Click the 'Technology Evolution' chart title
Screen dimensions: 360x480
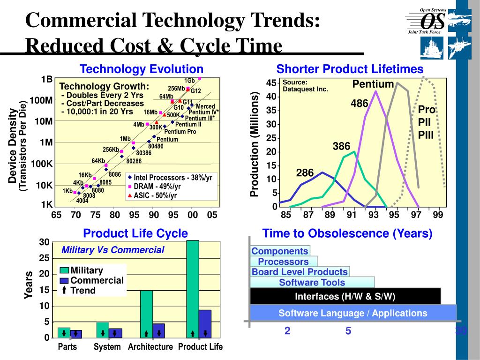pyautogui.click(x=142, y=69)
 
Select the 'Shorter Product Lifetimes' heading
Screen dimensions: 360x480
pyautogui.click(x=350, y=69)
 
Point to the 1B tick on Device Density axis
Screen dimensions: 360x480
pyautogui.click(x=46, y=79)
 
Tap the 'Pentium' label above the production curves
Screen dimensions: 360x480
pyautogui.click(x=373, y=84)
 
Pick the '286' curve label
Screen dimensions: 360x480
pyautogui.click(x=305, y=173)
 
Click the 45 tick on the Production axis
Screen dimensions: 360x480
pyautogui.click(x=271, y=83)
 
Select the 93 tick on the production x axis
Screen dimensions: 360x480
pyautogui.click(x=373, y=215)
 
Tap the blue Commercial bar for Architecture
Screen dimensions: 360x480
pyautogui.click(x=158, y=330)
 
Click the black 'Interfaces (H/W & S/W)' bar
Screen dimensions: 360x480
pyautogui.click(x=345, y=296)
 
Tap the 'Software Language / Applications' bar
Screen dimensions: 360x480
pyautogui.click(x=353, y=313)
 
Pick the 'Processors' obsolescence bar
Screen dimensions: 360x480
pyautogui.click(x=284, y=262)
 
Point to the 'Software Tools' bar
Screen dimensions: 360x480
pyautogui.click(x=312, y=282)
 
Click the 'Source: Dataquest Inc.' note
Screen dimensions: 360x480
pyautogui.click(x=305, y=86)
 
